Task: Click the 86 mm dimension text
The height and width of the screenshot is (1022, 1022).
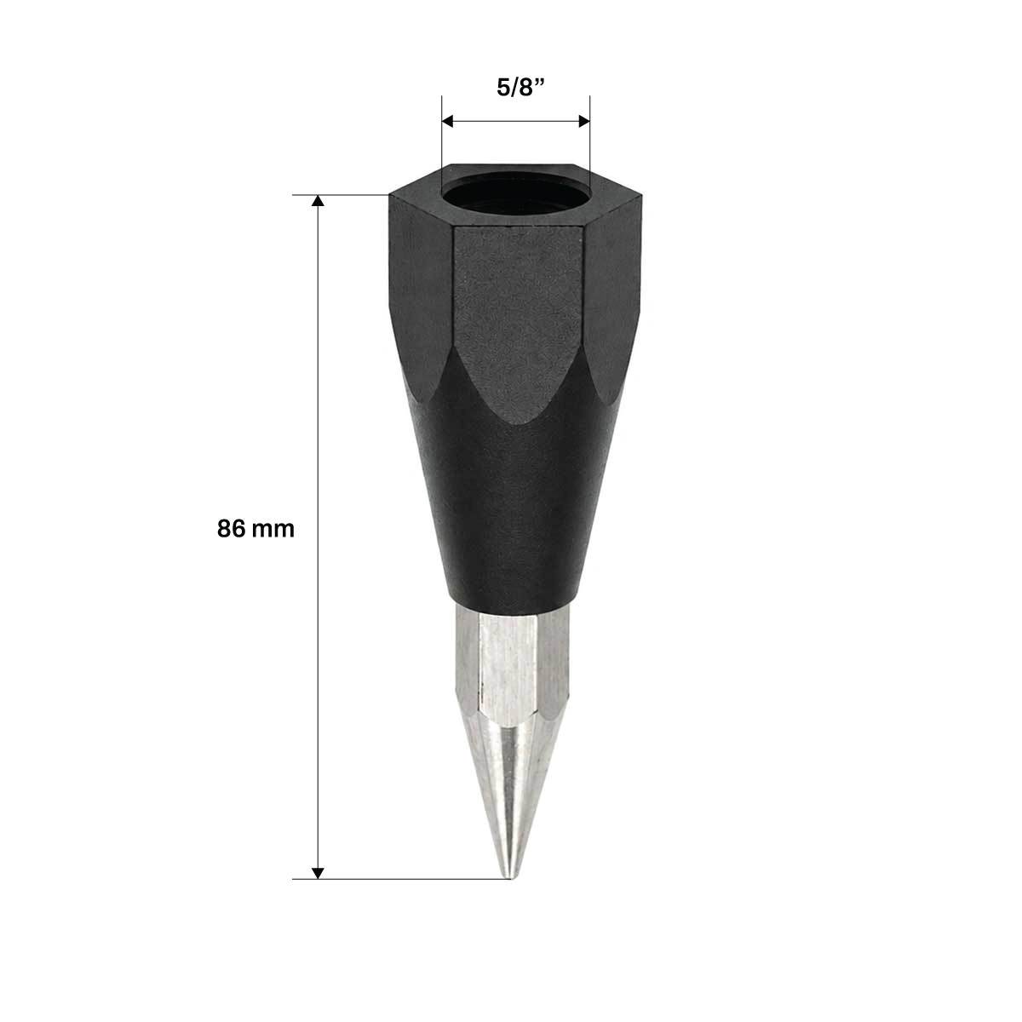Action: (255, 529)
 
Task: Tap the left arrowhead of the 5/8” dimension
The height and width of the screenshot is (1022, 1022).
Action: (448, 122)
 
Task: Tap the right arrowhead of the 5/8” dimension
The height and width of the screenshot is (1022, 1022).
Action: (584, 122)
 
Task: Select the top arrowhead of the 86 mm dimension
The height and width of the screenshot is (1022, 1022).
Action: (318, 200)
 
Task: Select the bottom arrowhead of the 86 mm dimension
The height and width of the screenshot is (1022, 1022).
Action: (318, 873)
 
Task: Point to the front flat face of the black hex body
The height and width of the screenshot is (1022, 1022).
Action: (517, 319)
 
